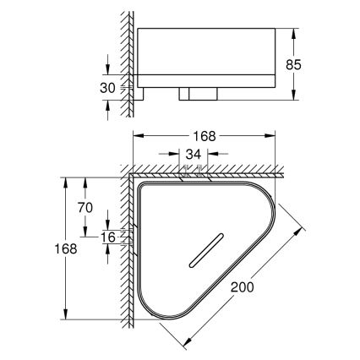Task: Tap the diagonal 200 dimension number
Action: point(243,287)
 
